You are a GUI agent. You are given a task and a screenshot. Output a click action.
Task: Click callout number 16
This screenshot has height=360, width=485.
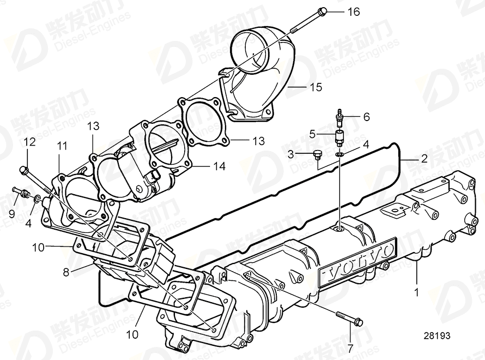pos(354,11)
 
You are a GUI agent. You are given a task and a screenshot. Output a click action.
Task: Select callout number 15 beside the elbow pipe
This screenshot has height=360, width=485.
pos(316,87)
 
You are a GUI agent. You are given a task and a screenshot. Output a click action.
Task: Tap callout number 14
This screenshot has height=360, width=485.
pos(219,167)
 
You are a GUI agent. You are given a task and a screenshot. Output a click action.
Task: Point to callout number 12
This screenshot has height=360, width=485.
pos(29,143)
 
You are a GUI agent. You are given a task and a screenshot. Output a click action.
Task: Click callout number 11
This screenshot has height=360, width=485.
pos(63,146)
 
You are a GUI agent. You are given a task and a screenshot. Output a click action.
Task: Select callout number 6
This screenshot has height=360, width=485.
pos(366,116)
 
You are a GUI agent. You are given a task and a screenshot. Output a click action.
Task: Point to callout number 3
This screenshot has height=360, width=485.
pos(292,154)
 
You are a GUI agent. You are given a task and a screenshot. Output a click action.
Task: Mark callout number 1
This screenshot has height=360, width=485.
pos(417,293)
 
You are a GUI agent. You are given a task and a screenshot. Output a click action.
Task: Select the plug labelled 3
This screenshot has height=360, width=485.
pos(317,155)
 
